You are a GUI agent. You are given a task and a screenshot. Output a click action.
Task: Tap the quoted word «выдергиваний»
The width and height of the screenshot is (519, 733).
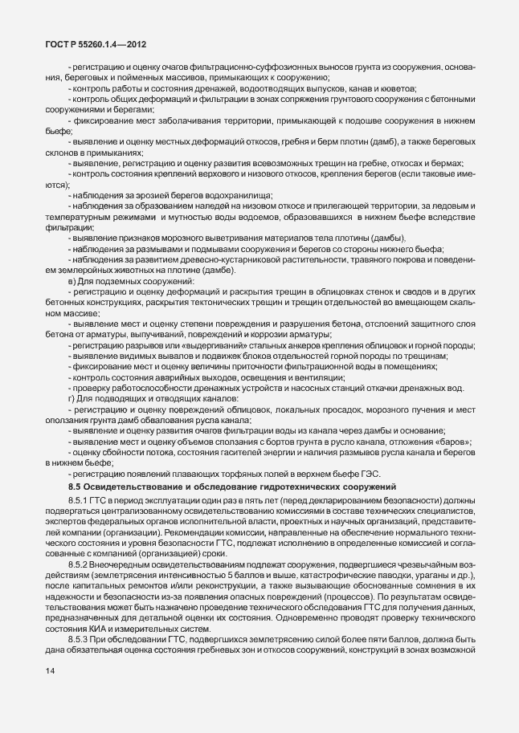coord(193,344)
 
